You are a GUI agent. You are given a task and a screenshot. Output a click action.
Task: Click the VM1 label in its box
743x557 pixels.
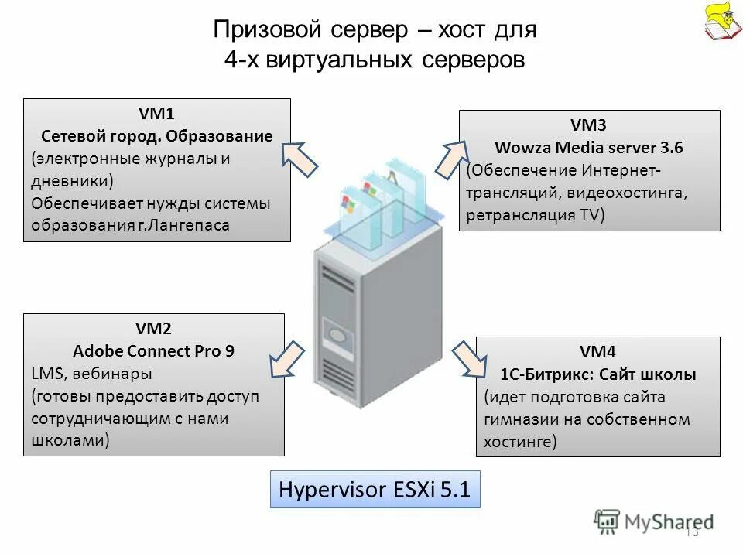156,114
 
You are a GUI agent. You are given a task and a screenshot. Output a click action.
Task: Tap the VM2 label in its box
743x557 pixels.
153,328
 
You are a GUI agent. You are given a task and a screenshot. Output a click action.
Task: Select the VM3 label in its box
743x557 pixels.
589,125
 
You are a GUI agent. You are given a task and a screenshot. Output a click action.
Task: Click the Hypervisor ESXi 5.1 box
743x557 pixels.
375,489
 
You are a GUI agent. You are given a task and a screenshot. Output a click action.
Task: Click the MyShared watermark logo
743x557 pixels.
655,521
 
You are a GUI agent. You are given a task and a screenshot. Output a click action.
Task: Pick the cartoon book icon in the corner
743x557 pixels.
722,22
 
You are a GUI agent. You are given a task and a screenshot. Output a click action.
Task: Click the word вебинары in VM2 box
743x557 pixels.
114,374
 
